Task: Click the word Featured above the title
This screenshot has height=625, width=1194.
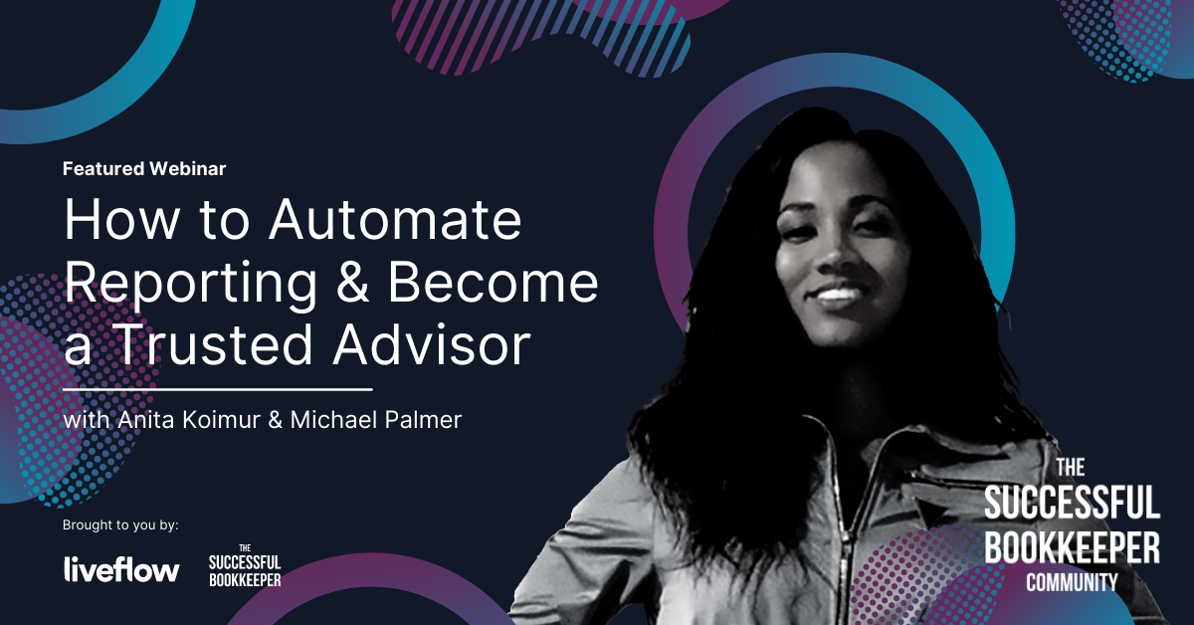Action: click(x=103, y=168)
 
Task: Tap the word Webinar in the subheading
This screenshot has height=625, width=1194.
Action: click(x=188, y=168)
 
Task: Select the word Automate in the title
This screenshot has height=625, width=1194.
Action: click(x=395, y=220)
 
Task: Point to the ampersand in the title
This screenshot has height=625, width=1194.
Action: click(x=353, y=282)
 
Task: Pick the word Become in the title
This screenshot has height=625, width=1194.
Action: click(x=494, y=282)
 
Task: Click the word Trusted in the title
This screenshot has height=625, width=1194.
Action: click(x=213, y=344)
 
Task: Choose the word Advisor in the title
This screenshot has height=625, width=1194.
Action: click(x=432, y=344)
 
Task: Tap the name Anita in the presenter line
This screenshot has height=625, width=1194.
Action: click(x=146, y=420)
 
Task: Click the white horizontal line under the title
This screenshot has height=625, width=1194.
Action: click(x=218, y=390)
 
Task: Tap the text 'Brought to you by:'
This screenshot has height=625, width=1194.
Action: click(x=120, y=525)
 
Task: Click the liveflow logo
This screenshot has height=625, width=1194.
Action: click(x=121, y=569)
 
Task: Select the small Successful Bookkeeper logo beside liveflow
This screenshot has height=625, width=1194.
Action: click(x=245, y=566)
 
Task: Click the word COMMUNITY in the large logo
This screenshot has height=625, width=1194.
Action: click(x=1072, y=582)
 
